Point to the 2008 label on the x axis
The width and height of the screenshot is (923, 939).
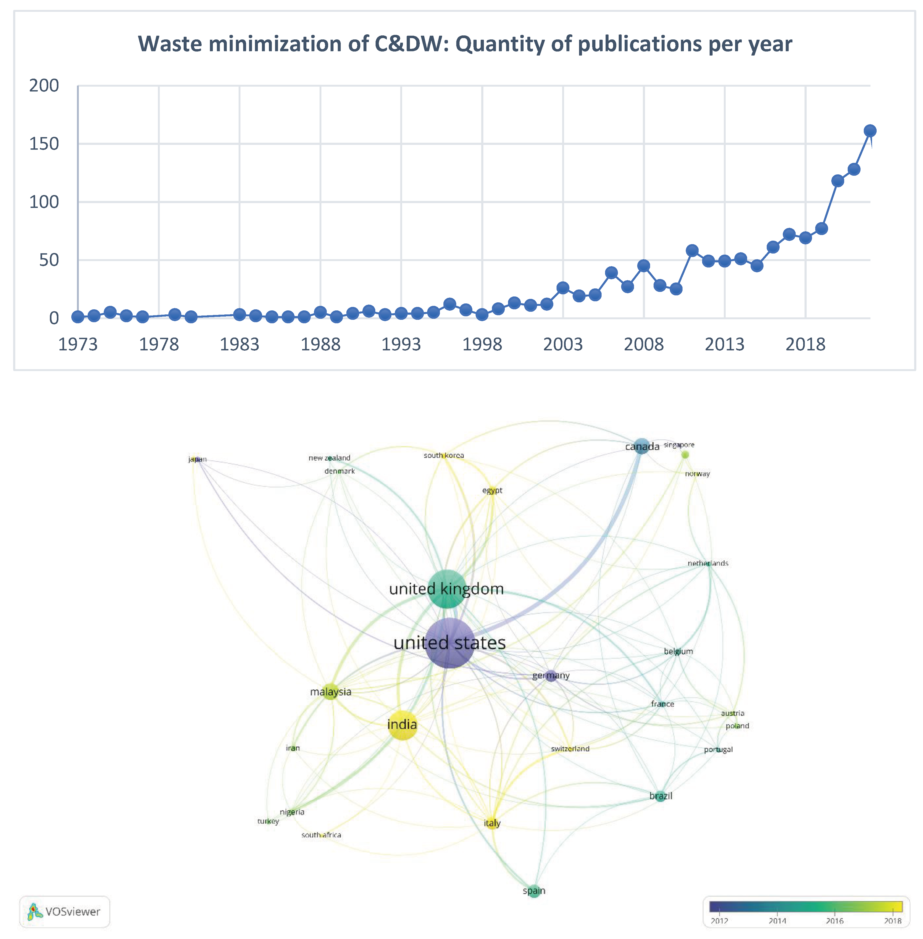click(x=643, y=344)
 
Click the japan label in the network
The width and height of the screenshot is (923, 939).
click(x=197, y=459)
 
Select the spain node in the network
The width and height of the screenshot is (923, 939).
click(x=534, y=890)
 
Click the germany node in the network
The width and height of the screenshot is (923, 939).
click(x=551, y=675)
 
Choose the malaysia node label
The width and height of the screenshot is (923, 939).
click(x=331, y=692)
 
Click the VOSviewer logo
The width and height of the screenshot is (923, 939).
click(x=65, y=911)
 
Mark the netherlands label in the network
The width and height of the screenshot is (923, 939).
click(x=708, y=563)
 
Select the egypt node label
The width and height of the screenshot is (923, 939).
click(x=492, y=490)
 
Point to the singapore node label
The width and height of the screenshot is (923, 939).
click(x=679, y=445)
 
